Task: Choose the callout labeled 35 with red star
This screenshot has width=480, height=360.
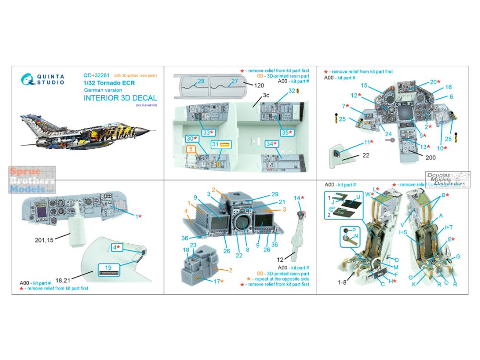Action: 287,132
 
